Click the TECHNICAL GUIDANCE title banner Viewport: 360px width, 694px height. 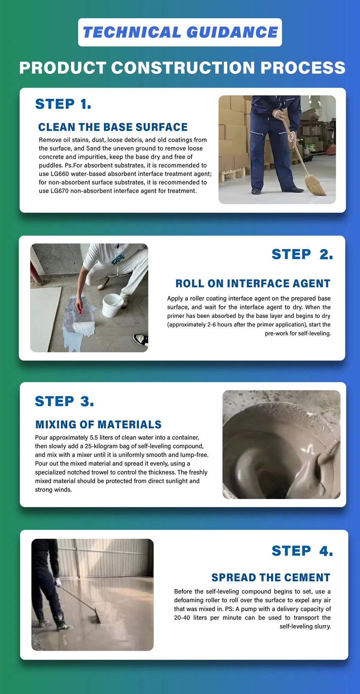180,32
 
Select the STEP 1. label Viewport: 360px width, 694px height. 63,104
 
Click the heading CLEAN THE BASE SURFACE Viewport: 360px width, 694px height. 113,127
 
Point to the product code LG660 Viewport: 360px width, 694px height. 60,174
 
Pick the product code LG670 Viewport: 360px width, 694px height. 60,191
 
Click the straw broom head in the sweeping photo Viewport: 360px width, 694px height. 315,184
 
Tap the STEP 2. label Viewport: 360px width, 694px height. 302,254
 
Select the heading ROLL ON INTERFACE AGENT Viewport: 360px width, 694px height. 253,283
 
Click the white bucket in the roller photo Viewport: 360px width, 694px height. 113,305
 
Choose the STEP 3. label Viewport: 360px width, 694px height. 65,401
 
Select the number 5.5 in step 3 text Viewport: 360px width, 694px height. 94,438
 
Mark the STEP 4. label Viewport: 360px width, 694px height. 302,551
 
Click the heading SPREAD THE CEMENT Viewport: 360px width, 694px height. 271,577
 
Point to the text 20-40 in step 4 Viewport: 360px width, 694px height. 182,618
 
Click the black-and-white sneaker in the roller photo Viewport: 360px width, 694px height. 140,339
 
